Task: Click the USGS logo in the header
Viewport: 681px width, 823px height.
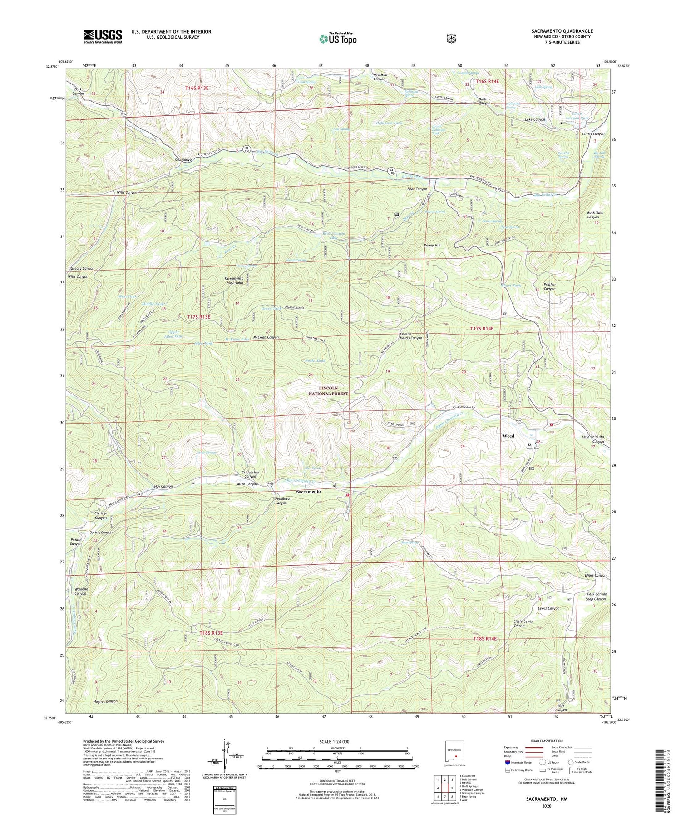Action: (x=103, y=36)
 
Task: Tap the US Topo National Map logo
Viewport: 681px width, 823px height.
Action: (x=338, y=38)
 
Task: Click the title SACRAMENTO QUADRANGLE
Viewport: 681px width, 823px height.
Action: (x=562, y=31)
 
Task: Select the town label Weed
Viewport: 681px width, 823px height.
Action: (x=508, y=436)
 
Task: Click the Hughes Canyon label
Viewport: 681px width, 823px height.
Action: (x=105, y=701)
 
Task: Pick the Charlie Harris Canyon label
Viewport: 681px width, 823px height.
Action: (x=411, y=336)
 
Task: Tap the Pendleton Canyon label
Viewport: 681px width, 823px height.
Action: (x=281, y=501)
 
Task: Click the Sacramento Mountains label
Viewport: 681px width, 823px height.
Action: (x=234, y=280)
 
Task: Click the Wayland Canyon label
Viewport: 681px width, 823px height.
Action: (x=80, y=591)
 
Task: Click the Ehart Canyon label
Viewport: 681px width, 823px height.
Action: (x=595, y=575)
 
